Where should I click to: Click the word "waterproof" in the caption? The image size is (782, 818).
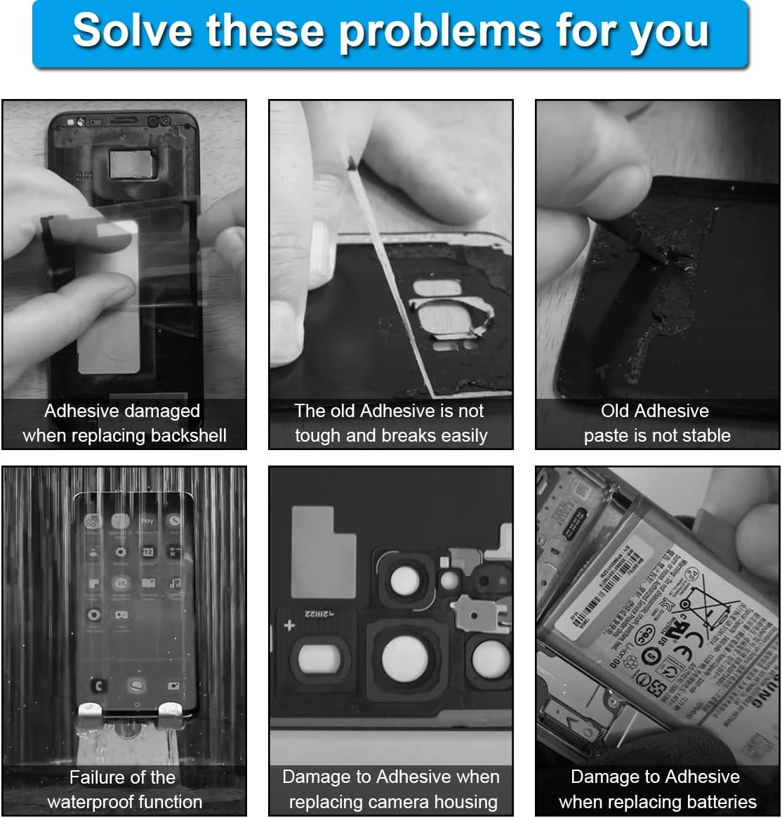124,802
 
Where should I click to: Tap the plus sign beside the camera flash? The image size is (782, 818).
289,624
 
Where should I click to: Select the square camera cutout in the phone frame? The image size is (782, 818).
128,165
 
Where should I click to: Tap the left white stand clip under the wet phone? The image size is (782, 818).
91,715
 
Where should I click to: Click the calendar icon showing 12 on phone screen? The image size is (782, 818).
148,553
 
